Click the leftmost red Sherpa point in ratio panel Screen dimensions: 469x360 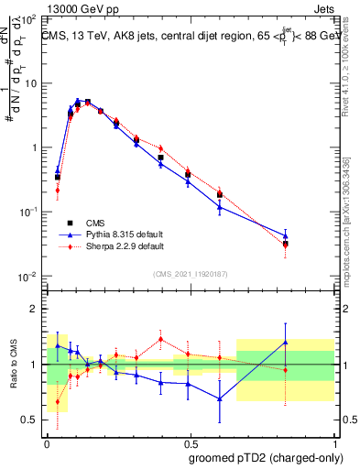click(x=58, y=401)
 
